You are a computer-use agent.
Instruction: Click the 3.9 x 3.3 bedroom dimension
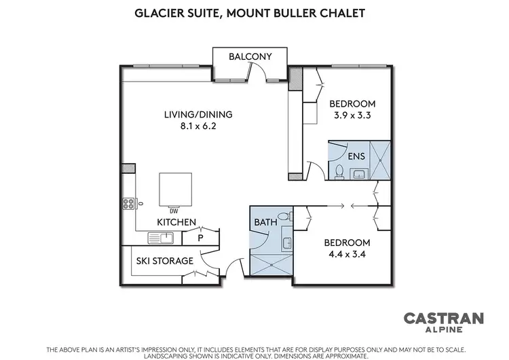[x=352, y=115]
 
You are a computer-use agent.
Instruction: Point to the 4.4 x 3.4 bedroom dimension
[x=347, y=255]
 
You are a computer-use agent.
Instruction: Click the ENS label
[x=356, y=156]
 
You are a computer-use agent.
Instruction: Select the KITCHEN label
[x=176, y=222]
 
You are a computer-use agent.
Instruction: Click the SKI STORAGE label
[x=165, y=261]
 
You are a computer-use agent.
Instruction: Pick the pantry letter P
[x=201, y=238]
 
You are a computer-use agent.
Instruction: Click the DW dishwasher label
[x=174, y=210]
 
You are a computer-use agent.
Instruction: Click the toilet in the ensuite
[x=339, y=170]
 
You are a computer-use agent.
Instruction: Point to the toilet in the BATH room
[x=288, y=217]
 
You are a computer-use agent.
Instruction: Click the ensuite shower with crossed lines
[x=381, y=160]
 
